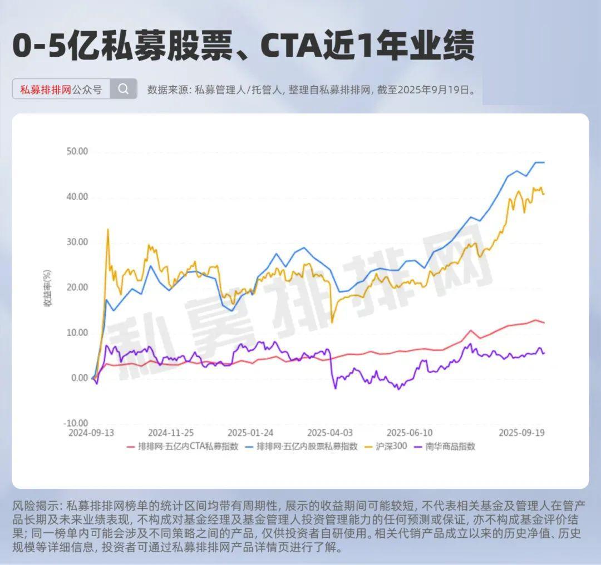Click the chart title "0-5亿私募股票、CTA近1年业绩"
pos(243,46)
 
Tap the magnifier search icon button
pos(124,89)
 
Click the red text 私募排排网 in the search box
pos(46,90)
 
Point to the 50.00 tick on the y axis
pos(76,151)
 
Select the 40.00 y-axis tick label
pos(76,197)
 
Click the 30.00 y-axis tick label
pos(76,242)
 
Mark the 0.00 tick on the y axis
pos(78,378)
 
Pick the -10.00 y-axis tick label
pos(75,423)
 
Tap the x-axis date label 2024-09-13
pos(92,433)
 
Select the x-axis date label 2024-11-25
pos(171,433)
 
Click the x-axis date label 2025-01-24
pos(250,433)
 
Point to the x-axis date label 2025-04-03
pos(330,433)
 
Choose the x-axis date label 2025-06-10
pos(410,433)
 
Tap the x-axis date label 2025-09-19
pos(521,433)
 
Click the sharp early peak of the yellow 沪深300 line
pos(107,229)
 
